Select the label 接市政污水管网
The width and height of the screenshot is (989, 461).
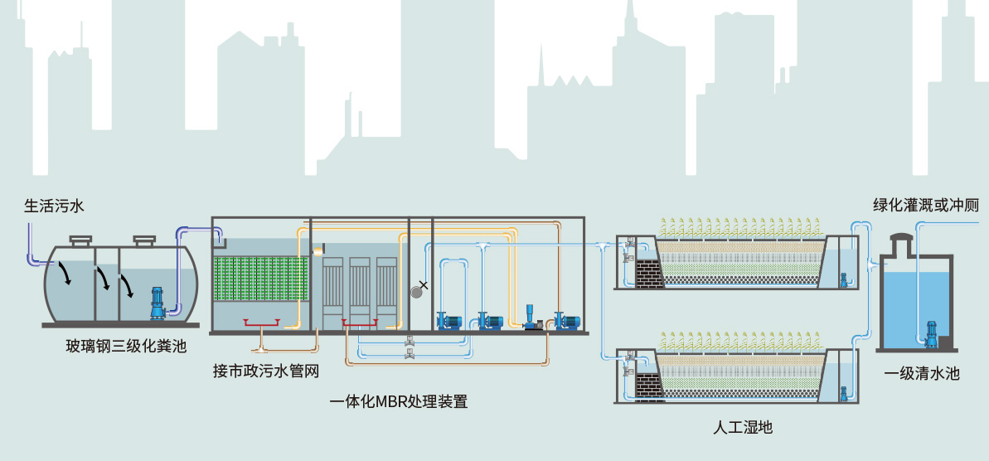pyautogui.click(x=265, y=371)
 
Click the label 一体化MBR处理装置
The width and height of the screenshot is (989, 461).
pyautogui.click(x=399, y=402)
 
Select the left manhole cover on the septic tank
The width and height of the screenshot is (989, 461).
pyautogui.click(x=80, y=240)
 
